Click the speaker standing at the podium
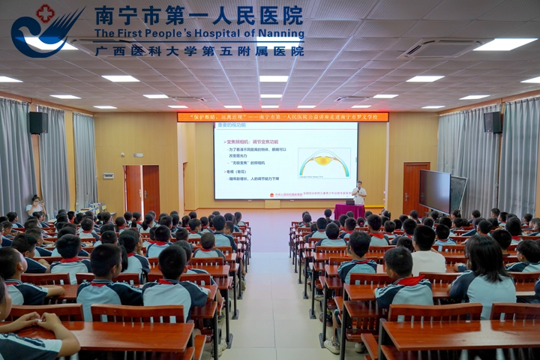[x=359, y=193]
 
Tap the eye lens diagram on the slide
[x=324, y=163]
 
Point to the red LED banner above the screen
[x=283, y=117]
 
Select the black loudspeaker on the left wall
[x=37, y=123]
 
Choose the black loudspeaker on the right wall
[x=493, y=122]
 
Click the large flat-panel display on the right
[x=435, y=190]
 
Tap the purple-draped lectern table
[x=349, y=211]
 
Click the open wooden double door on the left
[x=142, y=190]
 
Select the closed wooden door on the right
[x=415, y=187]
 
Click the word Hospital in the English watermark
[x=229, y=33]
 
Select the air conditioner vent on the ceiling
[x=440, y=49]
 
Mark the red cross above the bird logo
[x=46, y=13]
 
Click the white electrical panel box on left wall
[x=109, y=175]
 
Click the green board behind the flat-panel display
[x=458, y=193]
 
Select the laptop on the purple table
[x=349, y=202]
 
